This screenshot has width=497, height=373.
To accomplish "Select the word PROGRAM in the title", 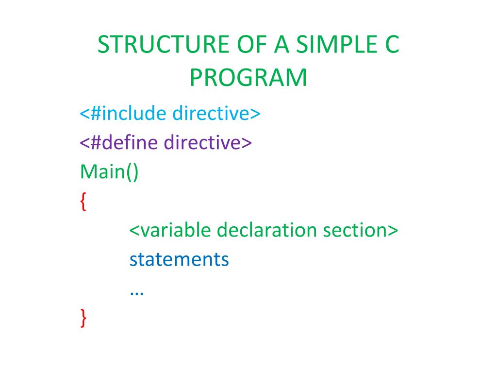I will (248, 78).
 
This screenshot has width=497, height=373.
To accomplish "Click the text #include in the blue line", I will (129, 114).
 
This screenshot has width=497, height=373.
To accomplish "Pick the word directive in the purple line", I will (203, 143).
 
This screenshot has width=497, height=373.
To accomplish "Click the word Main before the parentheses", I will (100, 172).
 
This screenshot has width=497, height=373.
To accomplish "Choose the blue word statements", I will (179, 259).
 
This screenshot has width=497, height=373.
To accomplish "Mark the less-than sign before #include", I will (84, 115).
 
